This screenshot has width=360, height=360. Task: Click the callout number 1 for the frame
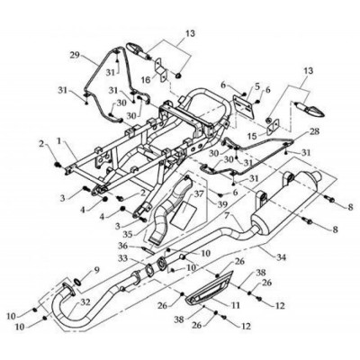click(x=59, y=140)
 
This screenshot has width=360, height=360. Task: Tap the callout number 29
click(x=76, y=55)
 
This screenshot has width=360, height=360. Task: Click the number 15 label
click(x=253, y=137)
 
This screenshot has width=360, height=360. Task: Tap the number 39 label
click(x=222, y=204)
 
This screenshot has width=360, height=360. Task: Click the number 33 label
click(x=123, y=258)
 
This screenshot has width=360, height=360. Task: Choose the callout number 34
click(x=281, y=257)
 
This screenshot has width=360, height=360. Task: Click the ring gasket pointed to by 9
click(x=77, y=282)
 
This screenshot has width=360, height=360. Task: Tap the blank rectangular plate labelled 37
click(x=183, y=212)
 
